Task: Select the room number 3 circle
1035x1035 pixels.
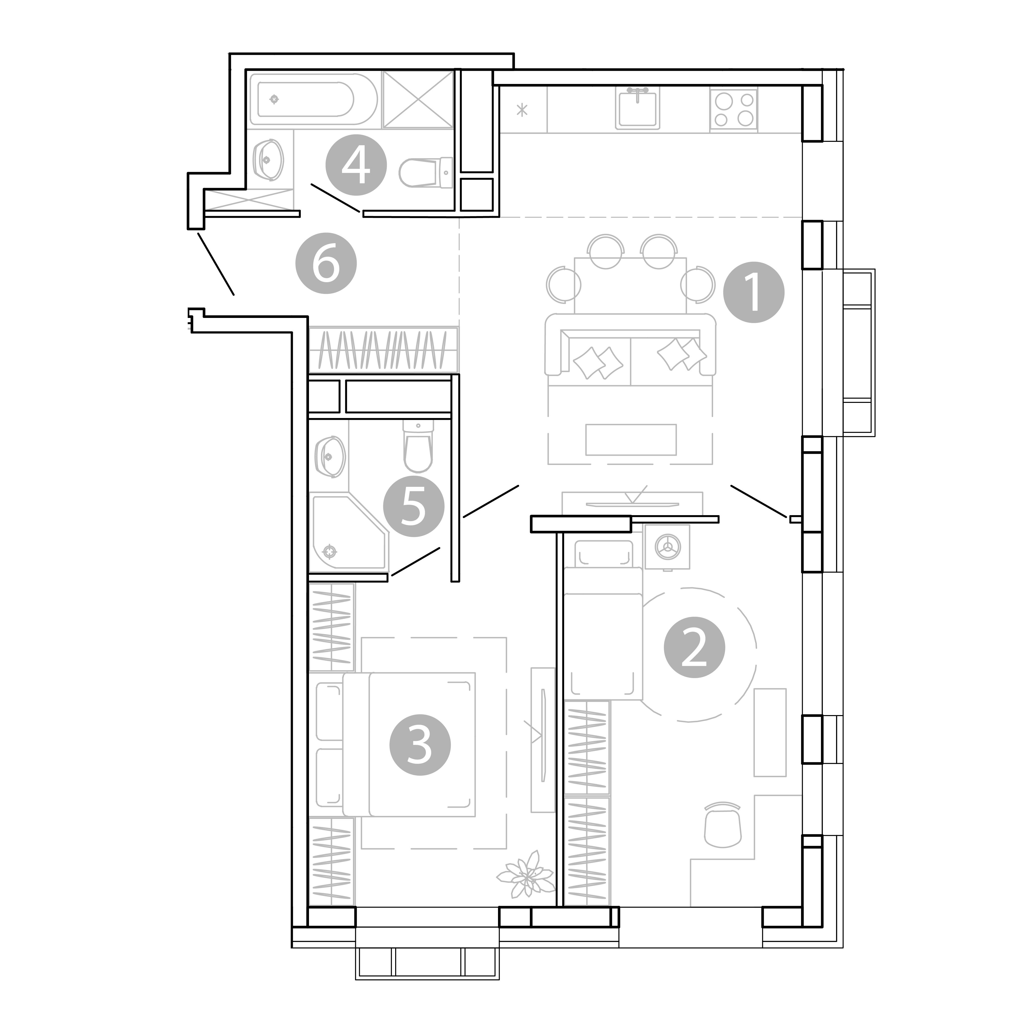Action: [x=420, y=745]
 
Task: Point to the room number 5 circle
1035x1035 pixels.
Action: [x=414, y=506]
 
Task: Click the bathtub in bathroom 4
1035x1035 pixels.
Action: [x=313, y=99]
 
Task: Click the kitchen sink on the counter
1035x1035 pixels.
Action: [x=638, y=108]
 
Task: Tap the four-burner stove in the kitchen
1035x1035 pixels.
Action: [x=733, y=110]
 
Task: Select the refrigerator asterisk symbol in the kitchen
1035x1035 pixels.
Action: [x=522, y=110]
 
